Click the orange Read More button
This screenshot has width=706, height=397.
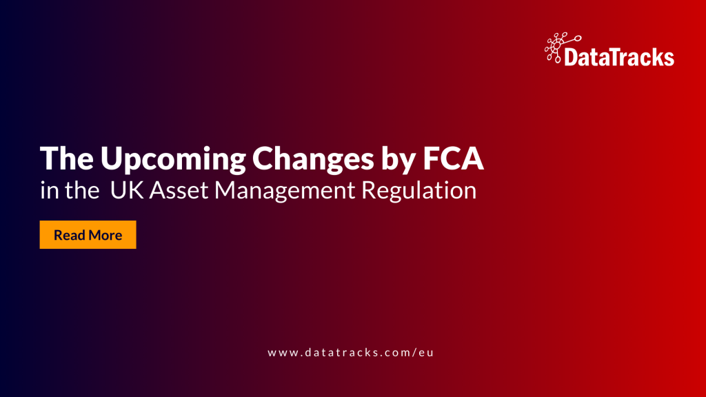click(88, 235)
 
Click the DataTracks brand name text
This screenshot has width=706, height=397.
click(618, 57)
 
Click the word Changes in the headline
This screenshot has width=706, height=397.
click(307, 160)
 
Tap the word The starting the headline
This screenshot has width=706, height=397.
click(67, 160)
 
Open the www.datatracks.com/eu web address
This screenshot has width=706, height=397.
click(352, 352)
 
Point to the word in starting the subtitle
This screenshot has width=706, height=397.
click(48, 191)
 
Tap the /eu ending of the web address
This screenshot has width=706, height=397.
click(425, 352)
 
